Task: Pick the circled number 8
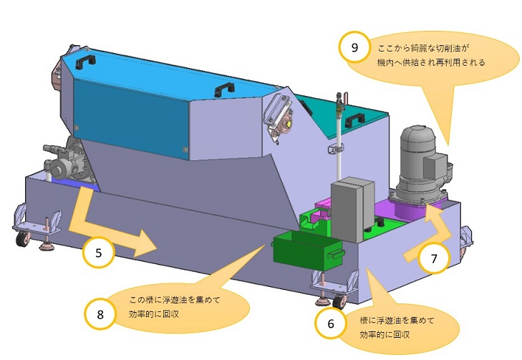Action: (x=100, y=315)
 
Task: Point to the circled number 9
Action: (x=354, y=47)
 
